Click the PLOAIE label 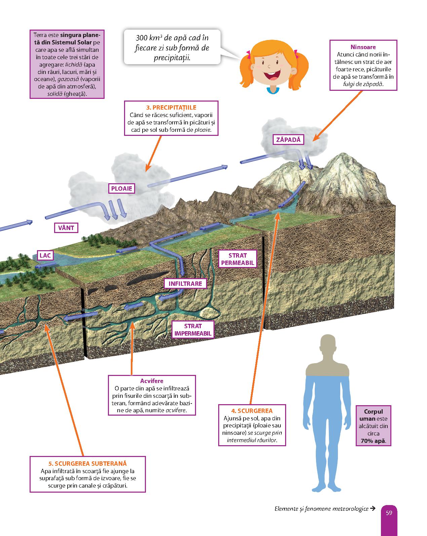[122, 189]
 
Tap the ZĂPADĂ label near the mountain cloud [288, 139]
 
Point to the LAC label [45, 255]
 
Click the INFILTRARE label [185, 283]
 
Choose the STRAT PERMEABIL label [237, 259]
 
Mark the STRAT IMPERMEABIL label [193, 330]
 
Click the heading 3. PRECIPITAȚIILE [171, 107]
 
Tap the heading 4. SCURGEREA [252, 411]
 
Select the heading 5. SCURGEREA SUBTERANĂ [87, 463]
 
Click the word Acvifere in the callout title [152, 381]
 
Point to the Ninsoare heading [363, 47]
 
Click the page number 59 [389, 513]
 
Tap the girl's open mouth [270, 76]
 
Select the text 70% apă [373, 441]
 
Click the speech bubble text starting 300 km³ [172, 47]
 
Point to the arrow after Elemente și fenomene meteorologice [372, 509]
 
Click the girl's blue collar [273, 89]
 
